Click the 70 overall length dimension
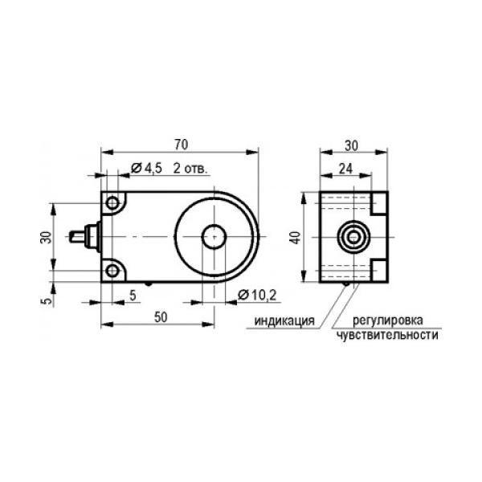point(181,145)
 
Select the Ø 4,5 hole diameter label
point(146,168)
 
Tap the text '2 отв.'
point(190,169)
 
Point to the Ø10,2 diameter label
point(257,295)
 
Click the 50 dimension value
point(161,317)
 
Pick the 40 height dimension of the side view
point(296,238)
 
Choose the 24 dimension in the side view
point(345,169)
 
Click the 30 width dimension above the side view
point(351,145)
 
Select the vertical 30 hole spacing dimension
point(46,237)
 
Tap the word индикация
point(284,321)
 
